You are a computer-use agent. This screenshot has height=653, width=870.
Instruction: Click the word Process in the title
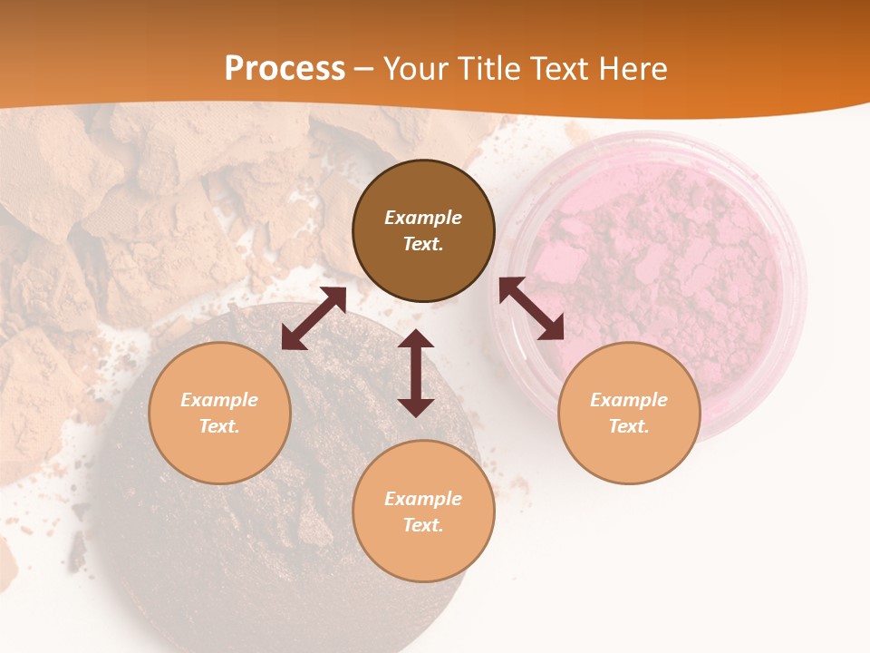coord(285,68)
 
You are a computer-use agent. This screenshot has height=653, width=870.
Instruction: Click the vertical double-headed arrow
coord(416,373)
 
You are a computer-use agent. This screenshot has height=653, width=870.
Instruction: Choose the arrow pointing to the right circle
coord(532,308)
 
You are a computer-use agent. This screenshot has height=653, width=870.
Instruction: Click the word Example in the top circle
coord(423,218)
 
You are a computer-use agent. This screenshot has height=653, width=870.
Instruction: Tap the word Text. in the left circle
coord(219,426)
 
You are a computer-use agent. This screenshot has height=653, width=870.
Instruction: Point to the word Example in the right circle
coord(629,400)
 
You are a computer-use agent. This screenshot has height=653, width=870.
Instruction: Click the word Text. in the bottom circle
coord(423,525)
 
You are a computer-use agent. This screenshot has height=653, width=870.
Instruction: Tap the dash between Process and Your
coord(363,69)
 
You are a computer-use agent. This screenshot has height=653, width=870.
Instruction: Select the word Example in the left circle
coord(219,400)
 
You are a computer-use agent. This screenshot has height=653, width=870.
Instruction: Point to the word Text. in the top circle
coord(423,245)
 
